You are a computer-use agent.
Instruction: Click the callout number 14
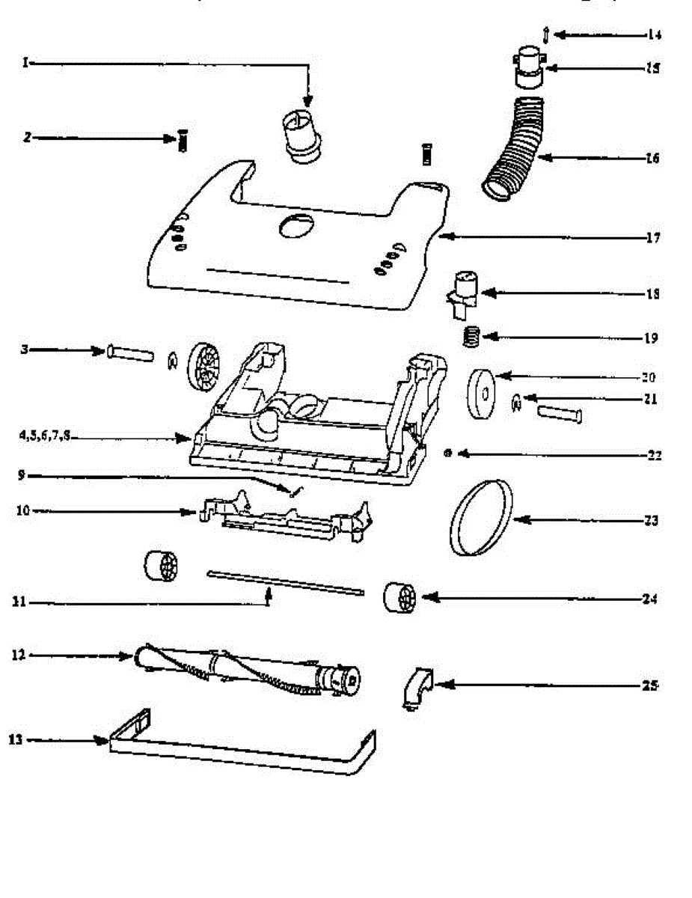655,34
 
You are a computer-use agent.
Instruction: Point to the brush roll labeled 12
247,668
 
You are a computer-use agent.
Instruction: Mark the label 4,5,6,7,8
45,436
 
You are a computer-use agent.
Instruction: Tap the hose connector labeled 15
528,65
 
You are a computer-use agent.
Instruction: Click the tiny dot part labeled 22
447,453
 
